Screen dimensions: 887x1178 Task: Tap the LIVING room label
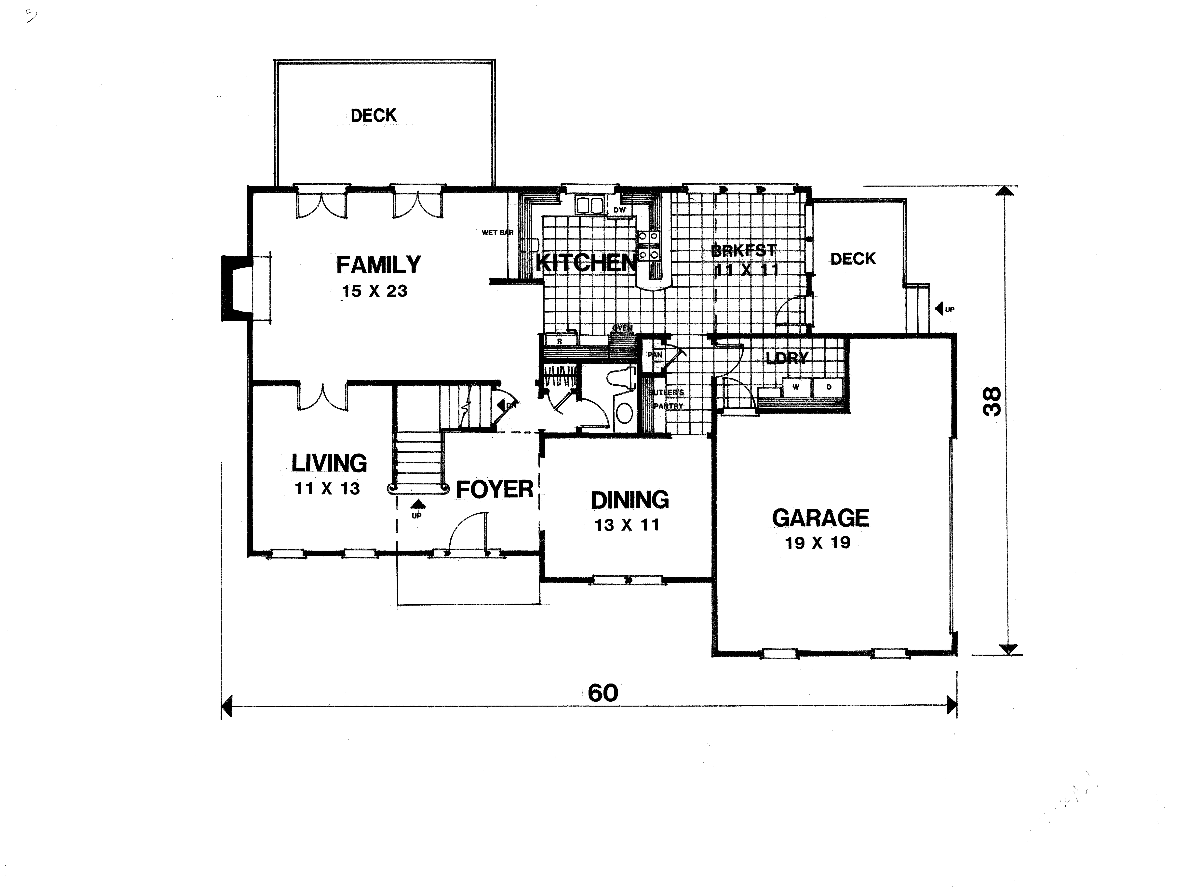329,463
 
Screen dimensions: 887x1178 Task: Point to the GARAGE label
820,518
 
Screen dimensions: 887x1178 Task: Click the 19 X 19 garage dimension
817,543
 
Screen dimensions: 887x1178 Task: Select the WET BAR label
497,233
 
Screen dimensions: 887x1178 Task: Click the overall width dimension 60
603,693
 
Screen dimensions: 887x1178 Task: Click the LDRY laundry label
787,358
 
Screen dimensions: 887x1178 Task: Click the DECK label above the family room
373,115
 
